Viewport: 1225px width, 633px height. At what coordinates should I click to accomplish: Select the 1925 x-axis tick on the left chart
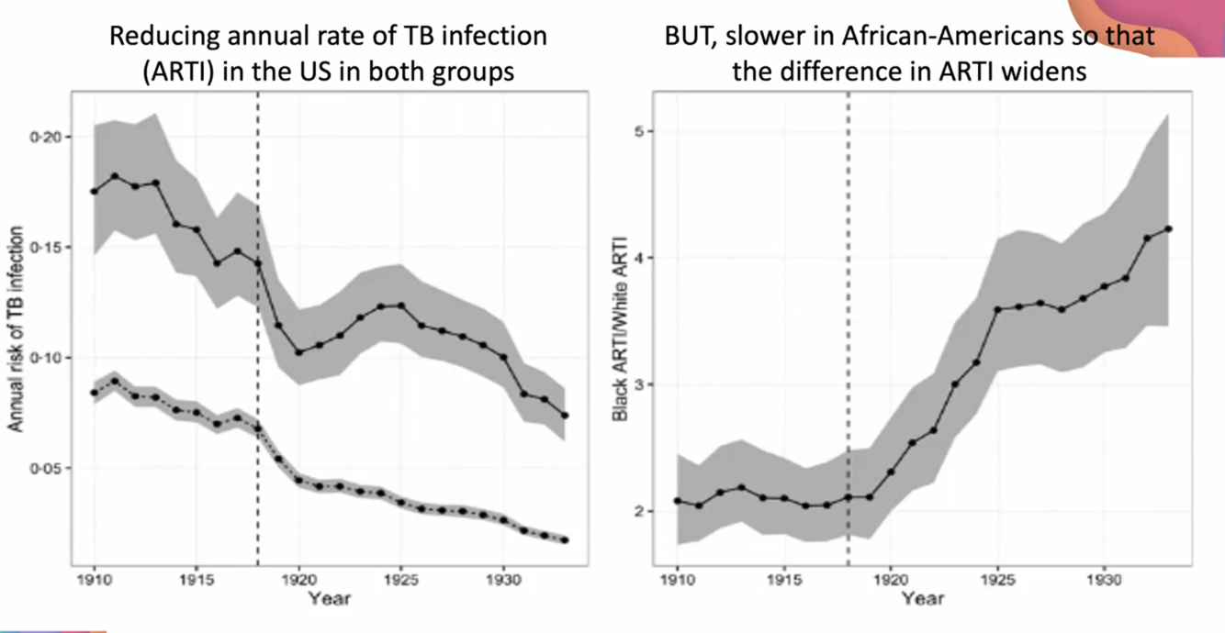(400, 581)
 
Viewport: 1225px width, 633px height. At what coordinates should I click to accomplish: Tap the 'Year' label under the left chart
(329, 599)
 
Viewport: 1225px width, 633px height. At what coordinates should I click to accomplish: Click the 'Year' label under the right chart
(922, 599)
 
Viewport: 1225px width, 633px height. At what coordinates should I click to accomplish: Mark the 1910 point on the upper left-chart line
(94, 191)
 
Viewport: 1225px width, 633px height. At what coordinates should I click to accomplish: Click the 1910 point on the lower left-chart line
(94, 393)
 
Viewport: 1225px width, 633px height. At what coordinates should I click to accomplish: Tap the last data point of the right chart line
(1168, 229)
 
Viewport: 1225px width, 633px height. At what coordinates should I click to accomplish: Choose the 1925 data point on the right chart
(997, 309)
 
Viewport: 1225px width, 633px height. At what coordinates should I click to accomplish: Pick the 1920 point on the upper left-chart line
(298, 352)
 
